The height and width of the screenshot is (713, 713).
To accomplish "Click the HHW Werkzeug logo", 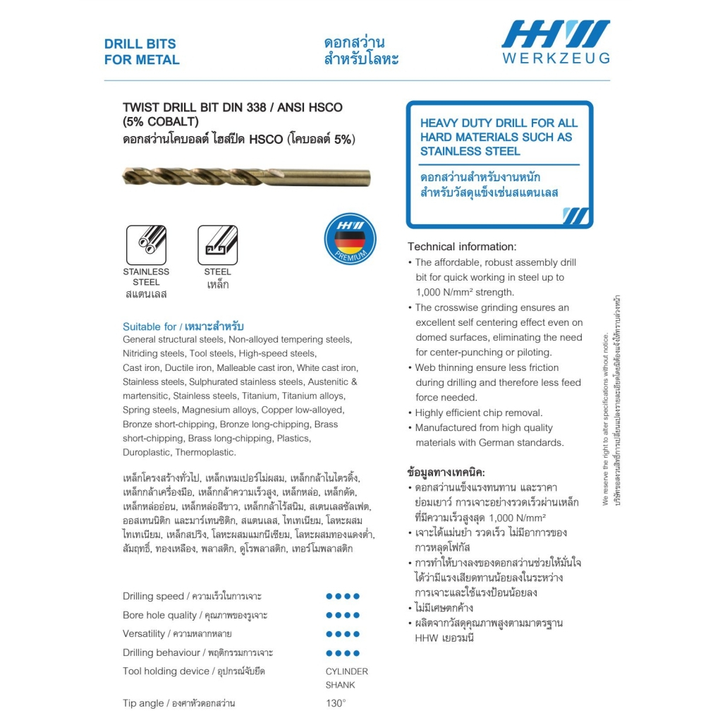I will (x=555, y=42).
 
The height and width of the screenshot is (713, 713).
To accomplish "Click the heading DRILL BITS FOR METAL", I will (x=142, y=51).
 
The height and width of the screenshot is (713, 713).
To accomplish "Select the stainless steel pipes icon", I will (x=146, y=245).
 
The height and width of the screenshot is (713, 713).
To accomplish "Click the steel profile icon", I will (x=217, y=245).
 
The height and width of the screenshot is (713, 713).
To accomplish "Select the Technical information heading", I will (x=462, y=247).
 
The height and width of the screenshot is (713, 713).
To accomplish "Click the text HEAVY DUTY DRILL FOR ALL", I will (x=499, y=123).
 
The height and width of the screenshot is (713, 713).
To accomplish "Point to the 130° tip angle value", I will (x=336, y=702).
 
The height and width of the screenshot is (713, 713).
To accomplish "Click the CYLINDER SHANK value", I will (x=346, y=678).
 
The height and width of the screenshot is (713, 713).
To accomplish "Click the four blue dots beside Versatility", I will (x=343, y=633).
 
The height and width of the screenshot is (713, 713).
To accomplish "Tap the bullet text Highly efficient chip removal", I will (x=479, y=413).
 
